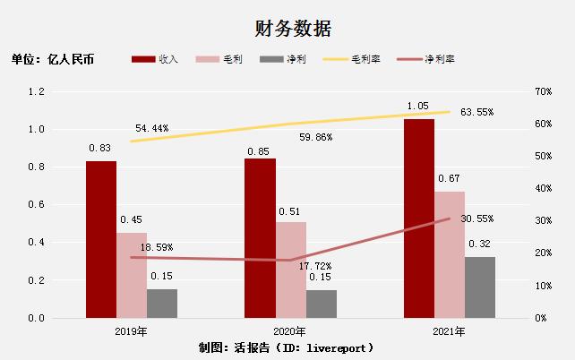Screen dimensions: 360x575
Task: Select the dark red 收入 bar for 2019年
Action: [x=101, y=239]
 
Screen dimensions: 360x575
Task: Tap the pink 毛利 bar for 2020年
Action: [x=291, y=270]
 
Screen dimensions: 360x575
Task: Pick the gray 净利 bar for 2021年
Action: [x=480, y=287]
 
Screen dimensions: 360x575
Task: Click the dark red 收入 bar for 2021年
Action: [x=419, y=219]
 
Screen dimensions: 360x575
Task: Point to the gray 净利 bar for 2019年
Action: [x=162, y=303]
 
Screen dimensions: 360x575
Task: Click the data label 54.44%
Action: [x=153, y=129]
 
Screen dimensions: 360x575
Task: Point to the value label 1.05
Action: [x=418, y=106]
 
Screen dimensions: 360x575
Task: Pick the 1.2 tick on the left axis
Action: [x=37, y=91]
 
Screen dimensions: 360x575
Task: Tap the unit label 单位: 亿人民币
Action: [x=53, y=60]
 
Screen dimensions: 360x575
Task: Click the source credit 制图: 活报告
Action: [x=287, y=347]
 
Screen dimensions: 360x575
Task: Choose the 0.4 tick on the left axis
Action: [x=37, y=243]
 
